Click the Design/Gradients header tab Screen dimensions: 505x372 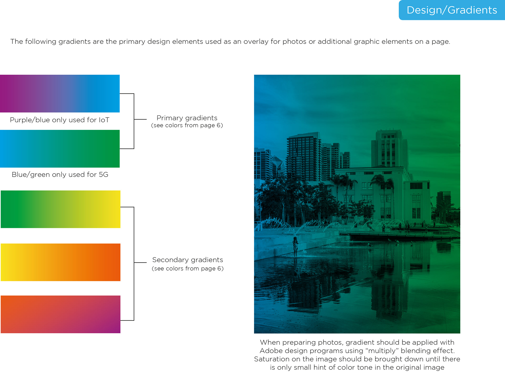coord(452,10)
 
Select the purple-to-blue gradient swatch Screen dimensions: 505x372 coord(60,94)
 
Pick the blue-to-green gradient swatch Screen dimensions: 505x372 coord(60,149)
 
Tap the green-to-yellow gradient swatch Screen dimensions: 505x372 coord(60,209)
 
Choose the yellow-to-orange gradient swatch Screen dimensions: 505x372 coord(60,262)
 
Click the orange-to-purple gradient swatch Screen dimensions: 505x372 coord(60,314)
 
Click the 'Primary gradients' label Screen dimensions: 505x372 coord(187,118)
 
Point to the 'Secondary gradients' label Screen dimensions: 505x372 coord(188,260)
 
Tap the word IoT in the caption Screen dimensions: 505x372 coord(104,120)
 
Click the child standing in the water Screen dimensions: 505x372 coord(296,247)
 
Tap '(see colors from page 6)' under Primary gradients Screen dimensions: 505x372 coord(187,125)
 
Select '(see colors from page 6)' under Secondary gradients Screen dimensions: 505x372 coord(188,268)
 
